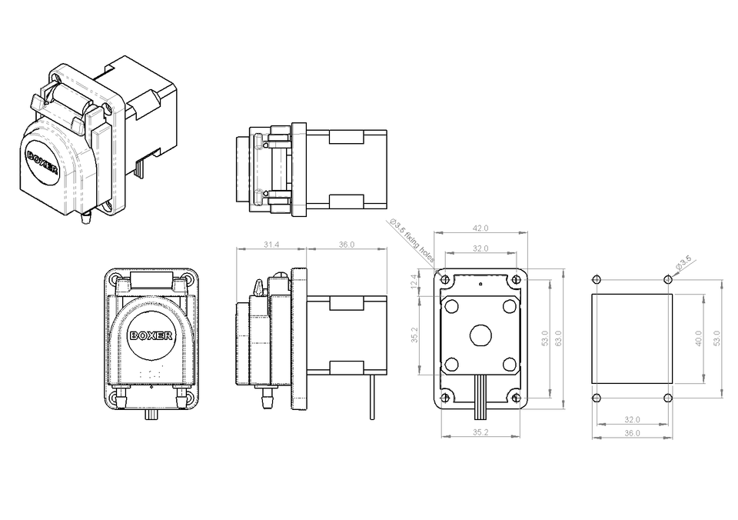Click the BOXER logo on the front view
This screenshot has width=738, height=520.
click(151, 335)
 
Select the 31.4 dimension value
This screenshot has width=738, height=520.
click(271, 245)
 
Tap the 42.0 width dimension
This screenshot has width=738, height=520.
click(480, 228)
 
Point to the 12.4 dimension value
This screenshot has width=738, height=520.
click(414, 281)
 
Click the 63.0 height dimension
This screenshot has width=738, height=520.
click(559, 337)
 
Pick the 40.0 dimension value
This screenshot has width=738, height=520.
click(699, 338)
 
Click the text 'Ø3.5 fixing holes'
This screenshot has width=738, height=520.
click(412, 241)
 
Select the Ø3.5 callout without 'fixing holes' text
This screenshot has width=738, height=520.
click(683, 263)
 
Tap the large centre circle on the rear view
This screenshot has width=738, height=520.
click(480, 335)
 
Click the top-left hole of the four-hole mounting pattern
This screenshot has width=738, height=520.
click(597, 278)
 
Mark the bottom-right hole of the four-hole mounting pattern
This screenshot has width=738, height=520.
click(668, 398)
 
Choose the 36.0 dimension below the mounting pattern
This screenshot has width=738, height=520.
click(632, 433)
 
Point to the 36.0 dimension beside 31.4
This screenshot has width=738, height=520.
click(346, 245)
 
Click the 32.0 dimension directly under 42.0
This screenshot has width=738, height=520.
click(480, 248)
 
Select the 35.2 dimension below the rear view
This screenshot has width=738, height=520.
click(480, 432)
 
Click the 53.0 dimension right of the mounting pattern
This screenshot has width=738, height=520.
click(717, 338)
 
